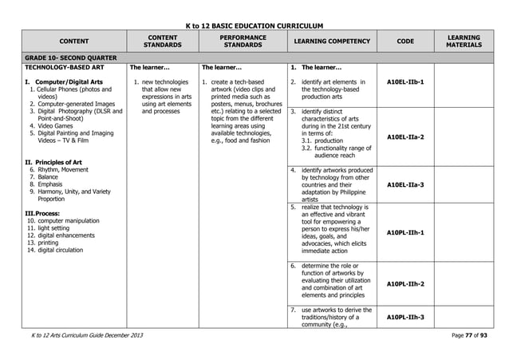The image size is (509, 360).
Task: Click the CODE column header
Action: tap(405, 41)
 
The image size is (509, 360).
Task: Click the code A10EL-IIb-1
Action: tap(404, 81)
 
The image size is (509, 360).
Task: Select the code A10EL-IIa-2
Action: tap(404, 137)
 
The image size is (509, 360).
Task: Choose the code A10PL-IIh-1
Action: tap(404, 233)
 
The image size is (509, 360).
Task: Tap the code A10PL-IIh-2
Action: tap(404, 284)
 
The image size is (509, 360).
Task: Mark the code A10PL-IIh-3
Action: tap(404, 317)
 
